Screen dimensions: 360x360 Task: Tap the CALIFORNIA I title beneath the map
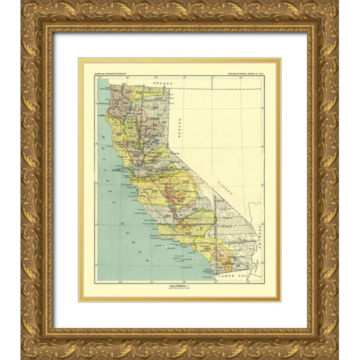[x=180, y=284]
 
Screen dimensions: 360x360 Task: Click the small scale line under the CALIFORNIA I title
[x=180, y=289]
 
